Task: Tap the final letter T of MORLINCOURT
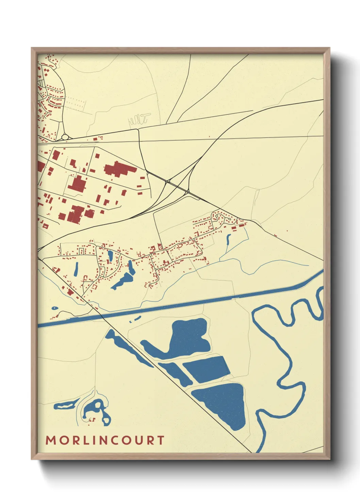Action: (x=161, y=440)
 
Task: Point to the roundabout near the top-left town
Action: (x=65, y=137)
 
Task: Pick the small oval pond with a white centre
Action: (x=54, y=308)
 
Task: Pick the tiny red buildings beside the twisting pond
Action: (x=92, y=420)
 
